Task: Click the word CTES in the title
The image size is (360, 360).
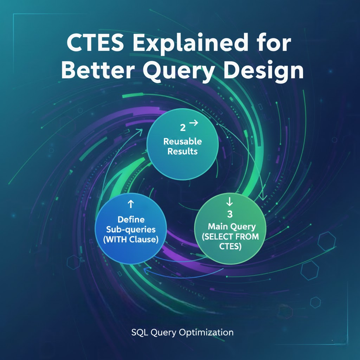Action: point(95,43)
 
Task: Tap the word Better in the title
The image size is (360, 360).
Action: point(98,70)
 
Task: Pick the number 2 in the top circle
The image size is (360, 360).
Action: point(182,128)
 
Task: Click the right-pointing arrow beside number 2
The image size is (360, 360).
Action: point(193,123)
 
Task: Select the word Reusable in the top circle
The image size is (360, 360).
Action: point(182,141)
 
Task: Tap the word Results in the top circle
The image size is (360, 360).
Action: point(182,152)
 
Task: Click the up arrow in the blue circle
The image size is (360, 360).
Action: point(131,204)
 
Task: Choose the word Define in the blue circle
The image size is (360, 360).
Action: point(131,219)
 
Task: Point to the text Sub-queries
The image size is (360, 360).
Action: point(131,230)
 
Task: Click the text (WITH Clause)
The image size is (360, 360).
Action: point(131,239)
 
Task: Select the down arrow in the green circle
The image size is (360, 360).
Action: point(229,201)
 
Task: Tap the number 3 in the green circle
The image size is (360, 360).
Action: point(230,214)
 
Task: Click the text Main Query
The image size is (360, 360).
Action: point(232,227)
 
